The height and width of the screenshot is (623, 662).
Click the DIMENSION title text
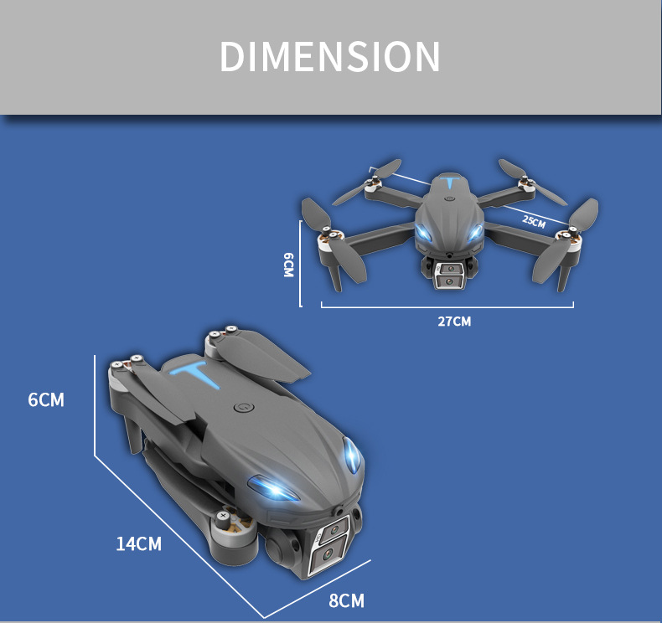[329, 56]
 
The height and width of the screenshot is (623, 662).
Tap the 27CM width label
[454, 322]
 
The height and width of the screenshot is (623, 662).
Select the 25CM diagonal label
[534, 221]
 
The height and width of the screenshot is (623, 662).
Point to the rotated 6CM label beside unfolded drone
[288, 265]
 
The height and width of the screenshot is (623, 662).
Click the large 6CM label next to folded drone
[46, 400]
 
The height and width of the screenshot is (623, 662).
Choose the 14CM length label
[139, 544]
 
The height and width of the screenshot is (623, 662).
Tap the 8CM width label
[346, 600]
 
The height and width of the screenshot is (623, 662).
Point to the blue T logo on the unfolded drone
[451, 183]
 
